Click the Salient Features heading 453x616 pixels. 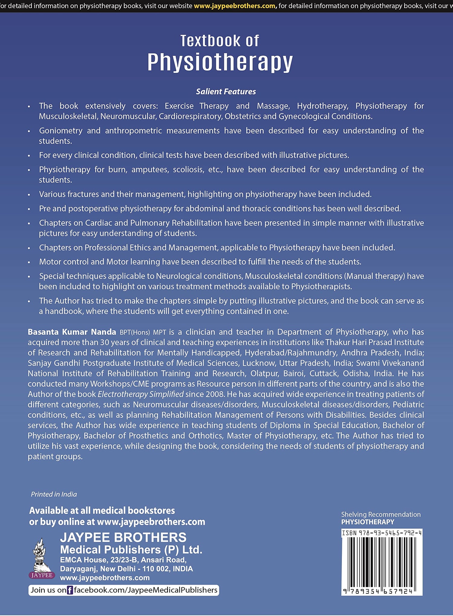pyautogui.click(x=226, y=92)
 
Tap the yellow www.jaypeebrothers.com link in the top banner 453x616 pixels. pyautogui.click(x=234, y=6)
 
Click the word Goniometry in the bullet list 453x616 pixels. pyautogui.click(x=61, y=131)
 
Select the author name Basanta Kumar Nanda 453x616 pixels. pyautogui.click(x=72, y=332)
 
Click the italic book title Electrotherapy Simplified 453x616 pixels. pyautogui.click(x=140, y=394)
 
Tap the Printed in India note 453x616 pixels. pyautogui.click(x=54, y=494)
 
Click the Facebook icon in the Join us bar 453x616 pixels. pyautogui.click(x=70, y=590)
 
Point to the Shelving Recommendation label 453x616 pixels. pyautogui.click(x=381, y=514)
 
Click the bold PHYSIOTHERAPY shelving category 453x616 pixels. pyautogui.click(x=368, y=522)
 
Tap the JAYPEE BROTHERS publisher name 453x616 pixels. pyautogui.click(x=123, y=537)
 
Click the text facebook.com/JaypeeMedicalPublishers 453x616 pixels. pyautogui.click(x=146, y=590)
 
